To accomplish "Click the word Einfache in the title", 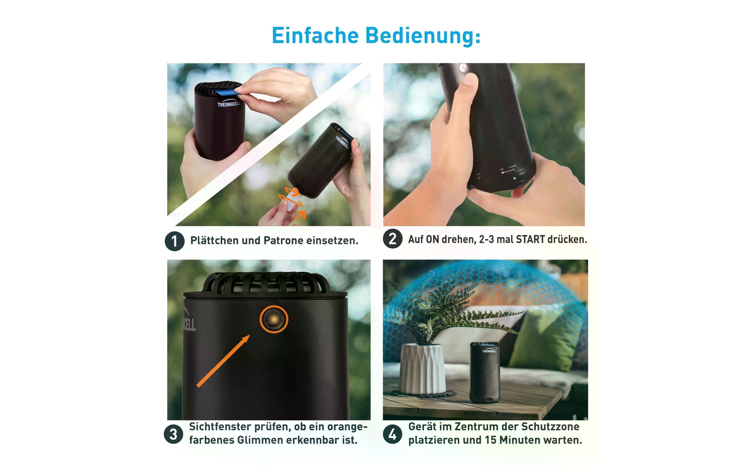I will click(x=315, y=36).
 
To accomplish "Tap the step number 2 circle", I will click(x=392, y=239).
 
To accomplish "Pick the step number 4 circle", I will click(x=392, y=434).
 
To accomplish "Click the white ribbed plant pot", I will click(x=422, y=369).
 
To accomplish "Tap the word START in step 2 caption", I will click(x=530, y=240).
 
